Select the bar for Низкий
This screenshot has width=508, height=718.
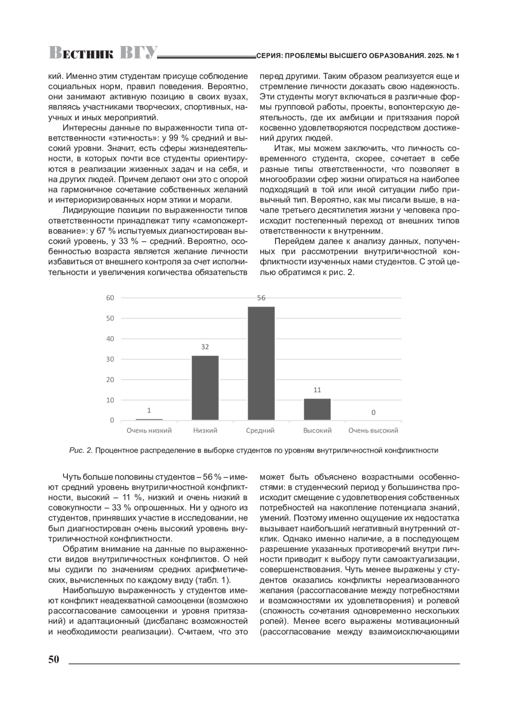(x=205, y=388)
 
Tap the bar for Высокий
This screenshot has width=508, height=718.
(x=317, y=409)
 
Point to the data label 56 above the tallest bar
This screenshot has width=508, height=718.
(x=261, y=298)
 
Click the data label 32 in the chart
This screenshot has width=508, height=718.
(x=205, y=347)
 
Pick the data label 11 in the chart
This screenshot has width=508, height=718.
(x=317, y=390)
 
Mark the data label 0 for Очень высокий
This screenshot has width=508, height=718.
(x=373, y=413)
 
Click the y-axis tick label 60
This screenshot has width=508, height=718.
(x=110, y=298)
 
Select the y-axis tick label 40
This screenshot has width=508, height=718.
(x=110, y=339)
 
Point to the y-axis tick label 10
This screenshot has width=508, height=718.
(x=110, y=400)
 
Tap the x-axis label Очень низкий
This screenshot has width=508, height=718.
(x=149, y=431)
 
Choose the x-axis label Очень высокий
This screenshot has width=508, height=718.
(x=373, y=431)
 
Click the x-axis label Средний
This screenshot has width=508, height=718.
(x=260, y=431)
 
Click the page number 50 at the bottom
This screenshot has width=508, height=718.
(x=54, y=660)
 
